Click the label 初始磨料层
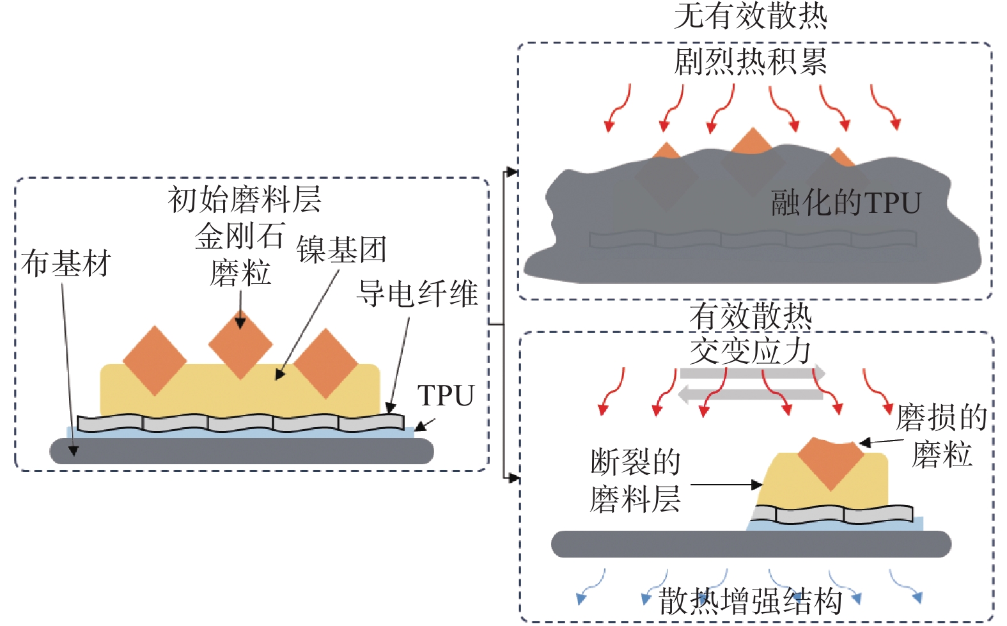(x=244, y=200)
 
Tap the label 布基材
(x=66, y=263)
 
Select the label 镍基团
(x=341, y=249)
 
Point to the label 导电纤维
(x=417, y=293)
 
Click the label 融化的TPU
(x=846, y=202)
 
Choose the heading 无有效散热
(x=751, y=16)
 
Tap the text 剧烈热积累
(x=751, y=61)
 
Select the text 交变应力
(x=751, y=351)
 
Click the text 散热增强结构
(x=751, y=601)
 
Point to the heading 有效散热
(x=751, y=316)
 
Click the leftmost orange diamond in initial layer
(x=155, y=361)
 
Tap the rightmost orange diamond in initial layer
(x=326, y=363)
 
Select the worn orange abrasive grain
(x=831, y=463)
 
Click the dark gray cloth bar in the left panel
(x=242, y=451)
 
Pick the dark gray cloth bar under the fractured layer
(x=751, y=544)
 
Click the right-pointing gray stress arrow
(x=753, y=373)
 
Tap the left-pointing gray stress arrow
(x=750, y=395)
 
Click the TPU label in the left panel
(x=446, y=395)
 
